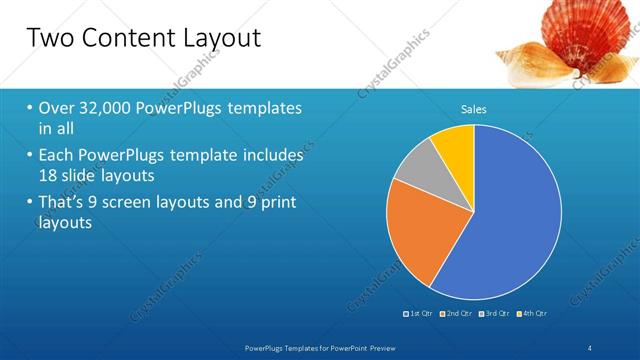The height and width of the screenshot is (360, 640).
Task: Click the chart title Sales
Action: (474, 109)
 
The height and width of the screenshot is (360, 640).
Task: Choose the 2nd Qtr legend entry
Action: (456, 313)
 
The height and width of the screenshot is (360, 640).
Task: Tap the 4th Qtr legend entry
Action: (531, 313)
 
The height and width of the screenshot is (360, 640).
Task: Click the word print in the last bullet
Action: (273, 202)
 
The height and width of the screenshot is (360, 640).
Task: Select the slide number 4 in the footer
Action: (589, 346)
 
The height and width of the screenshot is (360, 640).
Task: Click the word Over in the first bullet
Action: (55, 107)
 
